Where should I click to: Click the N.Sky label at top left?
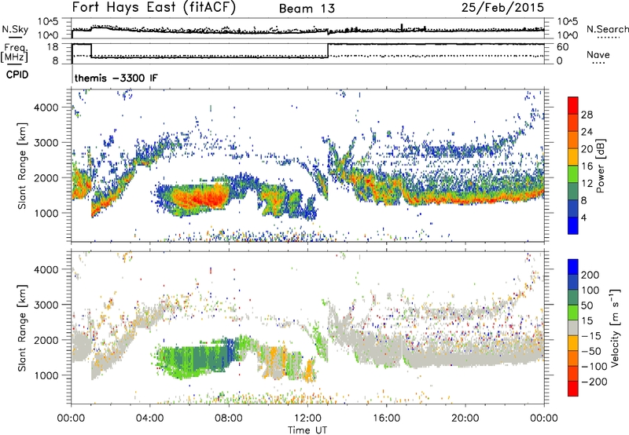point(13,28)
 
